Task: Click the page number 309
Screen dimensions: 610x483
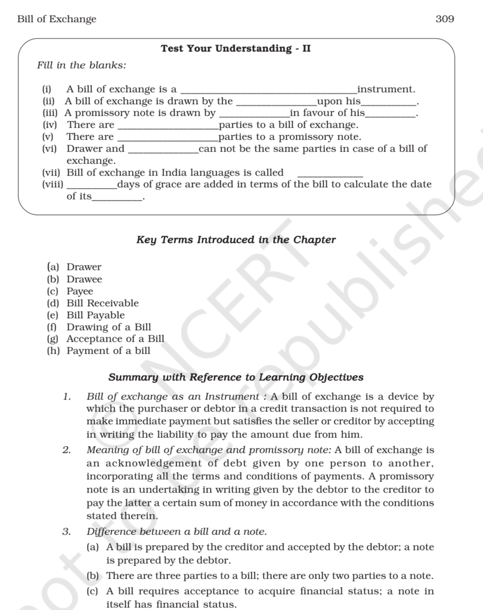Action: [x=444, y=19]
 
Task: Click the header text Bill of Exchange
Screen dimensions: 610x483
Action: [x=57, y=19]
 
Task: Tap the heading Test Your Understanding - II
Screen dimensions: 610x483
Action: [x=236, y=49]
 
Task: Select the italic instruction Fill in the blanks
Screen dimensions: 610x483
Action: [x=82, y=65]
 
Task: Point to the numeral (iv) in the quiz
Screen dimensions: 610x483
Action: [x=49, y=125]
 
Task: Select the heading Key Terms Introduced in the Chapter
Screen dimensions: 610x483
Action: [x=236, y=240]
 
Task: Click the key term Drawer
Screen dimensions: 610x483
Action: [x=83, y=267]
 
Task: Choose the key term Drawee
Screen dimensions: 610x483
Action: [x=84, y=279]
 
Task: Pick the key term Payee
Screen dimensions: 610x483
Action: [x=80, y=291]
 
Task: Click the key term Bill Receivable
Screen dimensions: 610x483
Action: [x=102, y=303]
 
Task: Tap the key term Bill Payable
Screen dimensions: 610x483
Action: [x=95, y=315]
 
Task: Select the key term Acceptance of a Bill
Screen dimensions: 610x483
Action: [x=115, y=339]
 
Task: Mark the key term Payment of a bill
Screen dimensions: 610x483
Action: [x=108, y=351]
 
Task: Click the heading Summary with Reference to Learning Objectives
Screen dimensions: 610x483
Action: [x=236, y=377]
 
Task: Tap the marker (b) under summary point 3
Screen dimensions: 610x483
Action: [x=92, y=575]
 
